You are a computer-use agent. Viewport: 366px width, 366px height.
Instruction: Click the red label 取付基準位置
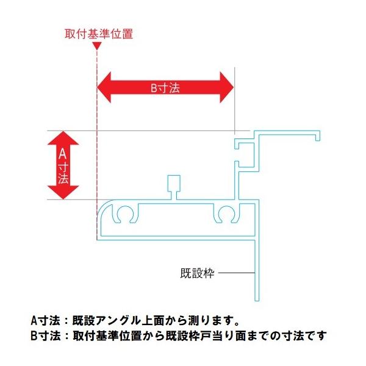click(98, 34)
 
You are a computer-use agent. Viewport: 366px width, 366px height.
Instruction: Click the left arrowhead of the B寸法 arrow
click(107, 87)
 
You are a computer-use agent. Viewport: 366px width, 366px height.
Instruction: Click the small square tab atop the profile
click(174, 183)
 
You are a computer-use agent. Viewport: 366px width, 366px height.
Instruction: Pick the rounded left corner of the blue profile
click(104, 206)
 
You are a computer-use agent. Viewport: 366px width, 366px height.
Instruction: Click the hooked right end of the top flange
click(318, 135)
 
